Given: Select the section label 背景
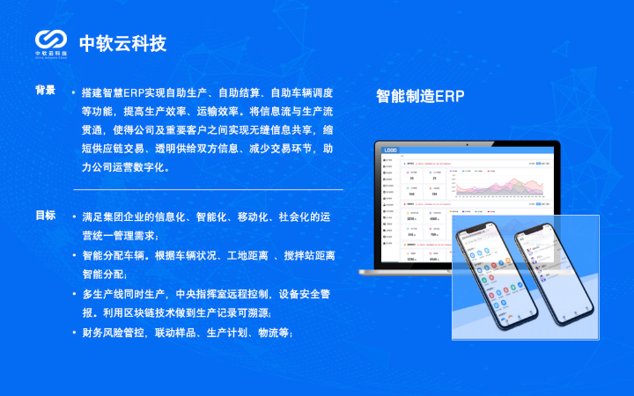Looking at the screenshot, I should coord(45,91).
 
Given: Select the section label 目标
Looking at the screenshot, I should coord(45,216).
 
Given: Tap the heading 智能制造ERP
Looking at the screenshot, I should coord(420,96).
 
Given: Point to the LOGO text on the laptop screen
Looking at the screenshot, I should coord(390,151).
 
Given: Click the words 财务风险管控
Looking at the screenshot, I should coord(114,332).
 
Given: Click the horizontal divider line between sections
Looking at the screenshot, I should coord(208,189).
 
